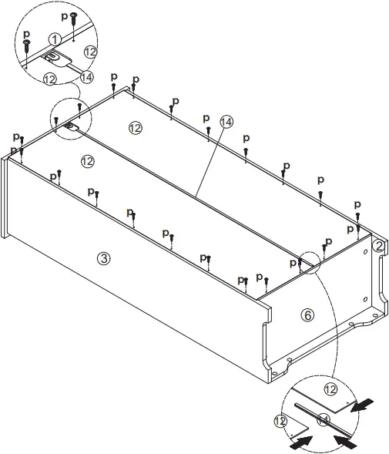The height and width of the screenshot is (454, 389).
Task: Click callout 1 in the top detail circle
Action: (54, 39)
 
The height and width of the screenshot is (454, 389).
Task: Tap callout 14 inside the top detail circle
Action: (86, 76)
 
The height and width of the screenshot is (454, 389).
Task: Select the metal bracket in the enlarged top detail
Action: (55, 56)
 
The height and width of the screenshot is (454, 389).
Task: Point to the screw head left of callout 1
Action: (27, 45)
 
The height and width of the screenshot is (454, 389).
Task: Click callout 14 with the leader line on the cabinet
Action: (226, 122)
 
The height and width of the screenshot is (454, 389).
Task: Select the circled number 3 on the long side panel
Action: (104, 258)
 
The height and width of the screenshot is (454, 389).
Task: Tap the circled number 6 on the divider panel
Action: (307, 315)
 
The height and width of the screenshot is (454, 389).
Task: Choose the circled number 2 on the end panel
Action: (378, 246)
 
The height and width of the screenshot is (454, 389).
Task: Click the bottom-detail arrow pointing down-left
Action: (365, 403)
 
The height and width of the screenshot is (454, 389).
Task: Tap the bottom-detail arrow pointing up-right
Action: (300, 442)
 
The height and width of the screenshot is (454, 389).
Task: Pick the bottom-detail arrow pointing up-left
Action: (349, 442)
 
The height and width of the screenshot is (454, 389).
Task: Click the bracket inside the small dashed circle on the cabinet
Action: (69, 125)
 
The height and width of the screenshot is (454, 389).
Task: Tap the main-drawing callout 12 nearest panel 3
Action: (86, 160)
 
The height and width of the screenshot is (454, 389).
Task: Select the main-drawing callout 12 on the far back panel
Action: (136, 128)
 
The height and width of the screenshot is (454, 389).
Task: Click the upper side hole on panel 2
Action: (363, 250)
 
